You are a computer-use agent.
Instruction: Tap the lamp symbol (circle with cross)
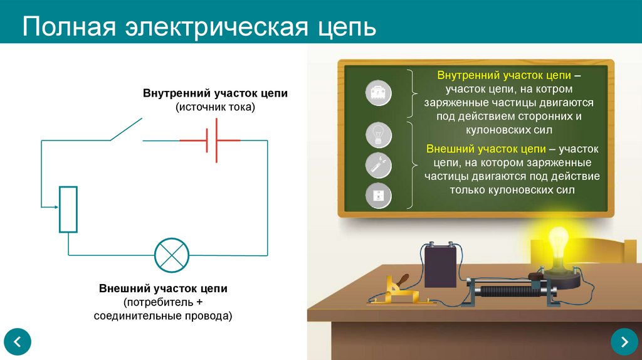pyautogui.click(x=172, y=255)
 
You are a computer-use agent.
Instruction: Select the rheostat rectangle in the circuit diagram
pyautogui.click(x=68, y=209)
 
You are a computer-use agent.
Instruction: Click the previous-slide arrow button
pyautogui.click(x=18, y=342)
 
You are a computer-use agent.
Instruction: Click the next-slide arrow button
pyautogui.click(x=624, y=342)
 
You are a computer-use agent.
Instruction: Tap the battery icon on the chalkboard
pyautogui.click(x=379, y=95)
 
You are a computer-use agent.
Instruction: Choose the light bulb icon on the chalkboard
pyautogui.click(x=379, y=135)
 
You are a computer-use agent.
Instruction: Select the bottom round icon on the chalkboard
pyautogui.click(x=379, y=196)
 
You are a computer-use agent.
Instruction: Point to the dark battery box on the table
pyautogui.click(x=441, y=266)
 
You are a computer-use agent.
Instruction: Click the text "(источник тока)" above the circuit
pyautogui.click(x=216, y=107)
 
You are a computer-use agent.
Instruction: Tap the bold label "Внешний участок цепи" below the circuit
pyautogui.click(x=163, y=289)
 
